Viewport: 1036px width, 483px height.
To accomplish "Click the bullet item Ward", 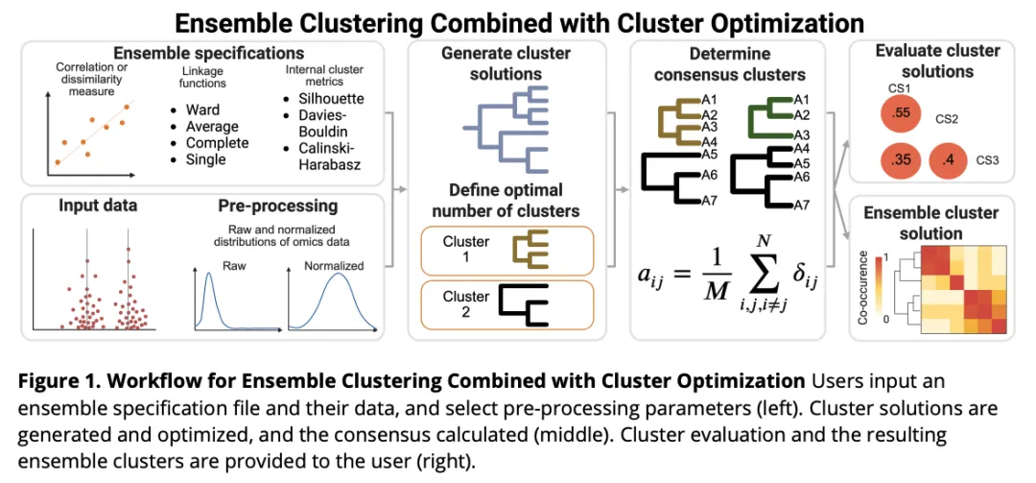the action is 202,109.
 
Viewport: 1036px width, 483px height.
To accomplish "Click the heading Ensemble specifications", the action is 209,52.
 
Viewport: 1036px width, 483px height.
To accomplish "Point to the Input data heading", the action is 98,205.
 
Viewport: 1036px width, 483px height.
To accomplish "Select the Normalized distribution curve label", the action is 334,266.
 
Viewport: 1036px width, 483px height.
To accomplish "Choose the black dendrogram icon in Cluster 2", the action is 524,304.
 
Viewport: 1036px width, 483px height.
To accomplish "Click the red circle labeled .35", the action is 901,160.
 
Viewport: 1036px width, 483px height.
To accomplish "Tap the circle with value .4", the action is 950,160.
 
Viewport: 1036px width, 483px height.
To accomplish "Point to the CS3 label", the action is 987,160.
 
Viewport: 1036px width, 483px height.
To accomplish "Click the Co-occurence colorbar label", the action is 863,283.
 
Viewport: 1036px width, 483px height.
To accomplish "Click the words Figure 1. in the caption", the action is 58,382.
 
